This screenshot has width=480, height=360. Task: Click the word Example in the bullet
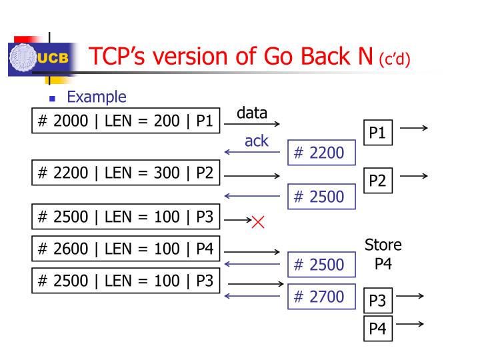coord(97,97)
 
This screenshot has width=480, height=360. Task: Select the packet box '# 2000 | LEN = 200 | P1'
coord(125,122)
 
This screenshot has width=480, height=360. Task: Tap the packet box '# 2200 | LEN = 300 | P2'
coord(125,173)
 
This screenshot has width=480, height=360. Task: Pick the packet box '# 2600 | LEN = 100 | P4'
coord(125,249)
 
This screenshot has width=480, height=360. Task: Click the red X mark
coord(258,222)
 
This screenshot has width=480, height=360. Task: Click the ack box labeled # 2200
coord(321,153)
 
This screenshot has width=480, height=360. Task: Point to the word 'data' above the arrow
coord(253,113)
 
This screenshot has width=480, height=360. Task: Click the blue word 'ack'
coord(256,141)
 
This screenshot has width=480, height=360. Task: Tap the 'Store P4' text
coord(383,254)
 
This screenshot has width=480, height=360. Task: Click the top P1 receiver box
coord(377,133)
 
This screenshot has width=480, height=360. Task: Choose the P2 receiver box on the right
coord(377,181)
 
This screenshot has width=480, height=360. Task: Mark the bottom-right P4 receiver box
coord(377,329)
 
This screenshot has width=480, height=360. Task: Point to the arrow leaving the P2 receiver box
coord(413,176)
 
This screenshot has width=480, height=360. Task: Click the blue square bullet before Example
coord(53,99)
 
